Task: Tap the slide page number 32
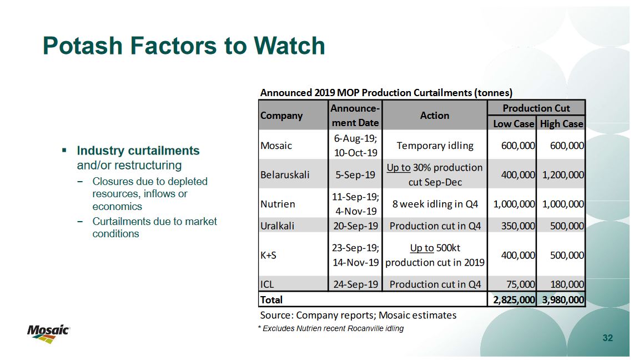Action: (x=608, y=338)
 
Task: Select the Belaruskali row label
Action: (x=285, y=175)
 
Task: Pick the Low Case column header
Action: (x=514, y=124)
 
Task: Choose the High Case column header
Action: (x=562, y=124)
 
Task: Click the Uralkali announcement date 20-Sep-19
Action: (x=355, y=226)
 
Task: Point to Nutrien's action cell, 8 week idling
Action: (x=435, y=204)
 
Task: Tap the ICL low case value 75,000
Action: (x=521, y=284)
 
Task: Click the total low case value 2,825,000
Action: (x=514, y=300)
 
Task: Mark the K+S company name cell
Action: (x=268, y=255)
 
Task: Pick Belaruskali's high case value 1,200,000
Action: (x=563, y=175)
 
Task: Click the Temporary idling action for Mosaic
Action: (x=435, y=146)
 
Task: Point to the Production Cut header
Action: (x=536, y=108)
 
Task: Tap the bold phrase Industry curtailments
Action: (x=138, y=151)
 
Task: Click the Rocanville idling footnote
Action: (x=331, y=328)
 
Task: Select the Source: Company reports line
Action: (x=358, y=315)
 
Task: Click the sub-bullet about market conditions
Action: (x=154, y=227)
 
